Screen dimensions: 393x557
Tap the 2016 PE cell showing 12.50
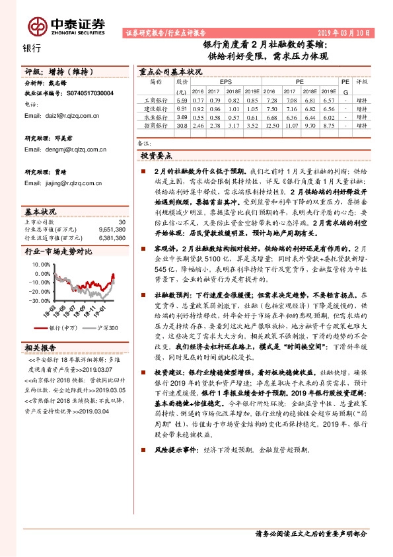pos(271,124)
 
